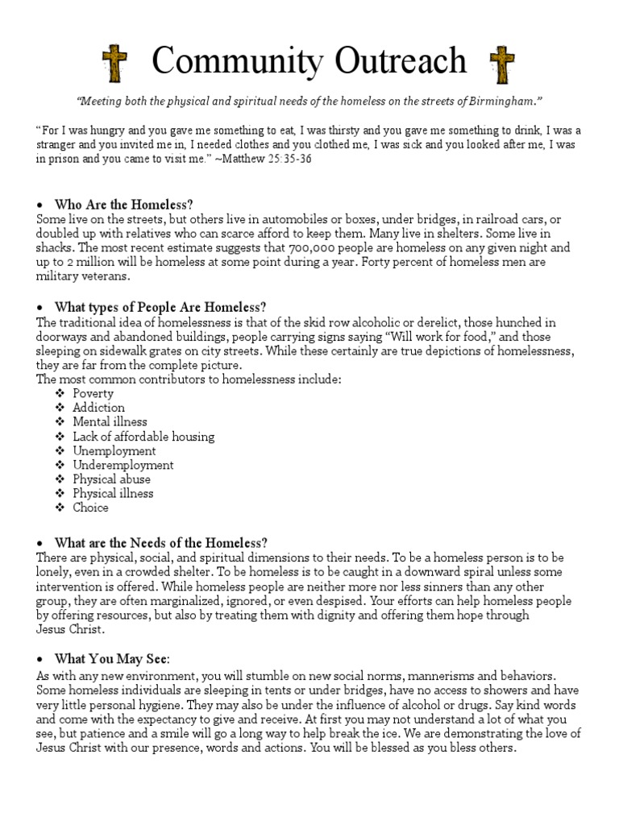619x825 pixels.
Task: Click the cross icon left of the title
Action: pyautogui.click(x=113, y=64)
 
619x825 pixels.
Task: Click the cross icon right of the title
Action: pyautogui.click(x=502, y=64)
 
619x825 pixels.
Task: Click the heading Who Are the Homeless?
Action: pyautogui.click(x=124, y=204)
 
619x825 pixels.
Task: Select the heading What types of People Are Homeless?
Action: pyautogui.click(x=160, y=307)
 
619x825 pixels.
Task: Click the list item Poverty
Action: pyautogui.click(x=93, y=393)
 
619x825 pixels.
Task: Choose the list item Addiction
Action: pyautogui.click(x=98, y=408)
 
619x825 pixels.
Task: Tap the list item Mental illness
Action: pyautogui.click(x=110, y=421)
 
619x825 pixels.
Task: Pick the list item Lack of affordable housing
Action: pyautogui.click(x=143, y=436)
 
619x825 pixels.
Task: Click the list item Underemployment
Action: pyautogui.click(x=123, y=465)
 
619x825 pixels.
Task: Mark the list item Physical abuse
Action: pyautogui.click(x=111, y=479)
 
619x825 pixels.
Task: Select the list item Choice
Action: pyautogui.click(x=90, y=508)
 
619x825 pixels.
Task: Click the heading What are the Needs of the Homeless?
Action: pyautogui.click(x=160, y=542)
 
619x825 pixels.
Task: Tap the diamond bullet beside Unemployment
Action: pyautogui.click(x=60, y=450)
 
